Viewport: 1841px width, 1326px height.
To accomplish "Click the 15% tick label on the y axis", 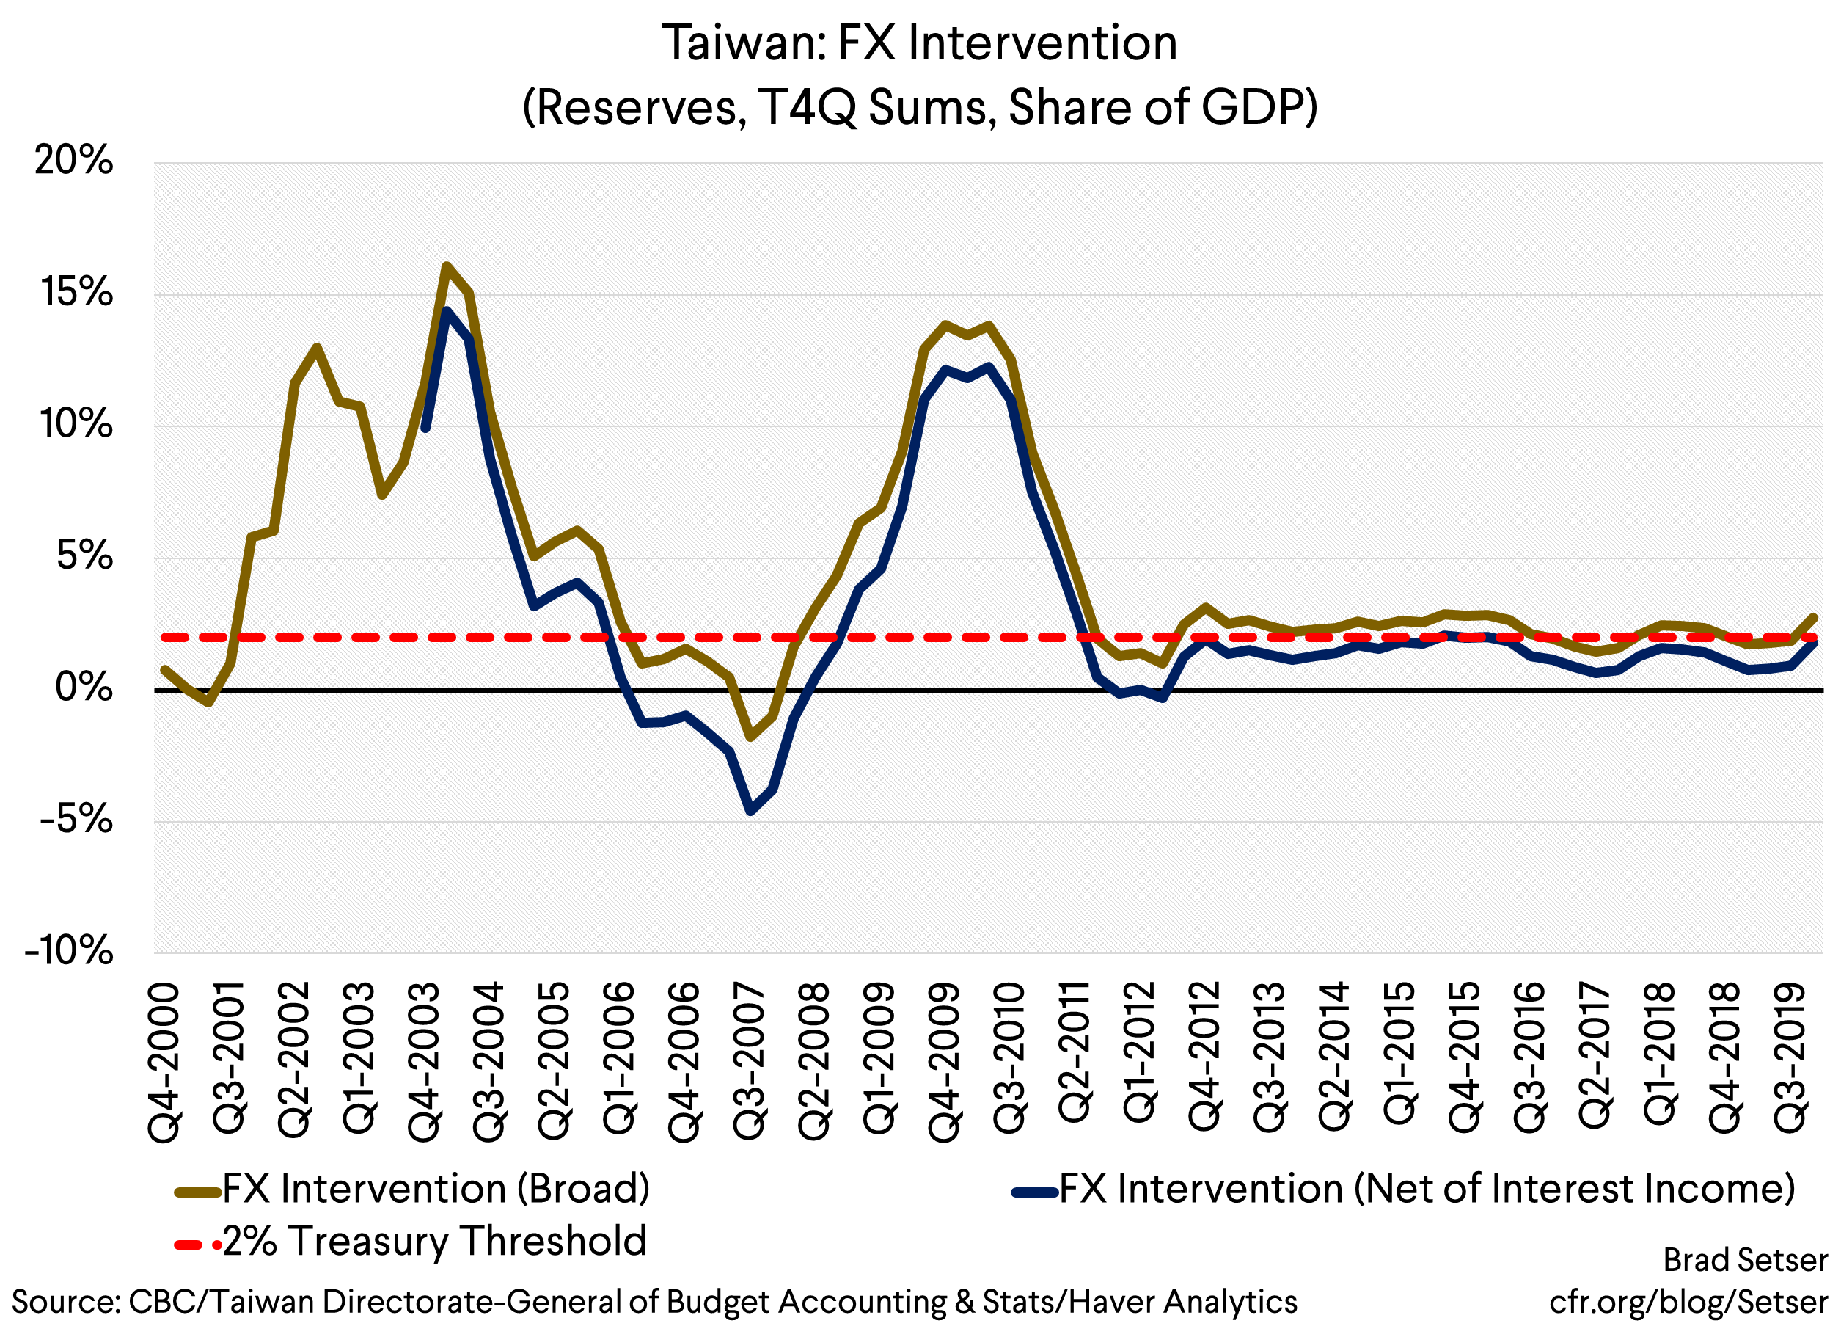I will [x=76, y=292].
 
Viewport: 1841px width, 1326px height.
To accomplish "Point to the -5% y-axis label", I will [x=76, y=820].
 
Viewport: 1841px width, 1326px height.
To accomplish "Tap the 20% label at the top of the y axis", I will [x=73, y=161].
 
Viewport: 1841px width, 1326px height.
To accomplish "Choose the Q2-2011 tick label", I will [x=1074, y=1052].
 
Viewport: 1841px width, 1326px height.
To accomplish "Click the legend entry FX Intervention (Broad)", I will [x=435, y=1189].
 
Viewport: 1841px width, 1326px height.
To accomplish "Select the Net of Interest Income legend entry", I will [x=1426, y=1189].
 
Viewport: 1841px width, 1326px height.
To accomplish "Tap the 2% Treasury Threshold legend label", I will [x=433, y=1241].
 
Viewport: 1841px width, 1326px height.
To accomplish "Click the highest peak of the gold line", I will [x=447, y=266].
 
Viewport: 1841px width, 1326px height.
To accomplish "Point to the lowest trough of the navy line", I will [x=750, y=810].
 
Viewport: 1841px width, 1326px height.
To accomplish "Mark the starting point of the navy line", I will [x=425, y=429].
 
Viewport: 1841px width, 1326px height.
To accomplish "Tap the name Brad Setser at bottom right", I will [x=1745, y=1260].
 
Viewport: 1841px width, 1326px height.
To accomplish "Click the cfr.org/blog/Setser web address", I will [x=1688, y=1302].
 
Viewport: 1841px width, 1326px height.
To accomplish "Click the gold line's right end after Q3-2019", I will [x=1813, y=617].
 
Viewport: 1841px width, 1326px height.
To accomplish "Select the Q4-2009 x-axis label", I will [x=944, y=1062].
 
